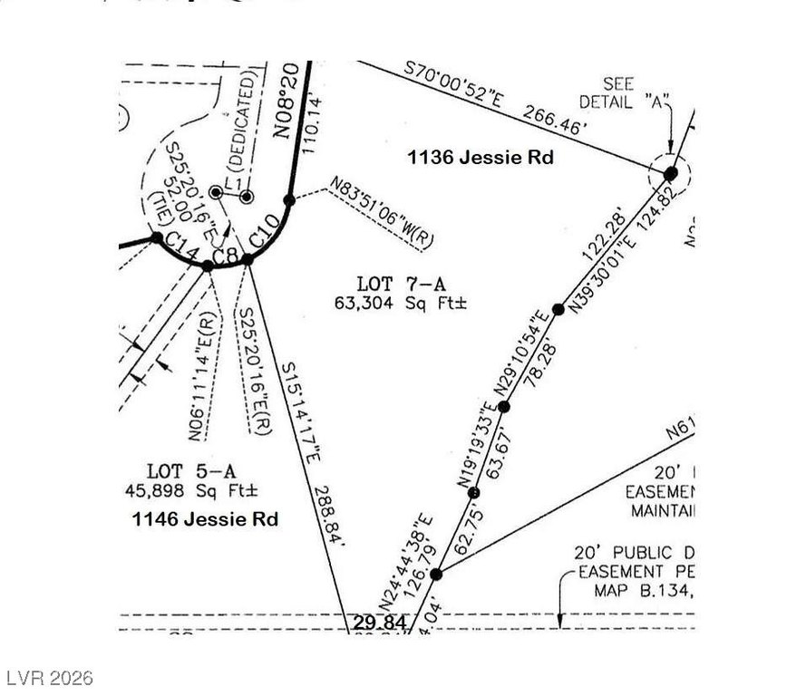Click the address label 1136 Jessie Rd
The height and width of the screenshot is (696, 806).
480,158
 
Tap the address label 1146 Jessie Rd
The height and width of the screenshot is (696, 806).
205,519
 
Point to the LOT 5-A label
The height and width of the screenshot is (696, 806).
191,471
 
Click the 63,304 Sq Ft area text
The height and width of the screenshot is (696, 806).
400,304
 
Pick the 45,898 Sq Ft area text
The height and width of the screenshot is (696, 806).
193,490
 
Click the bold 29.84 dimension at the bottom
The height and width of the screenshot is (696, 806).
375,623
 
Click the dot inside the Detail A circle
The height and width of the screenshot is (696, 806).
670,173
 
